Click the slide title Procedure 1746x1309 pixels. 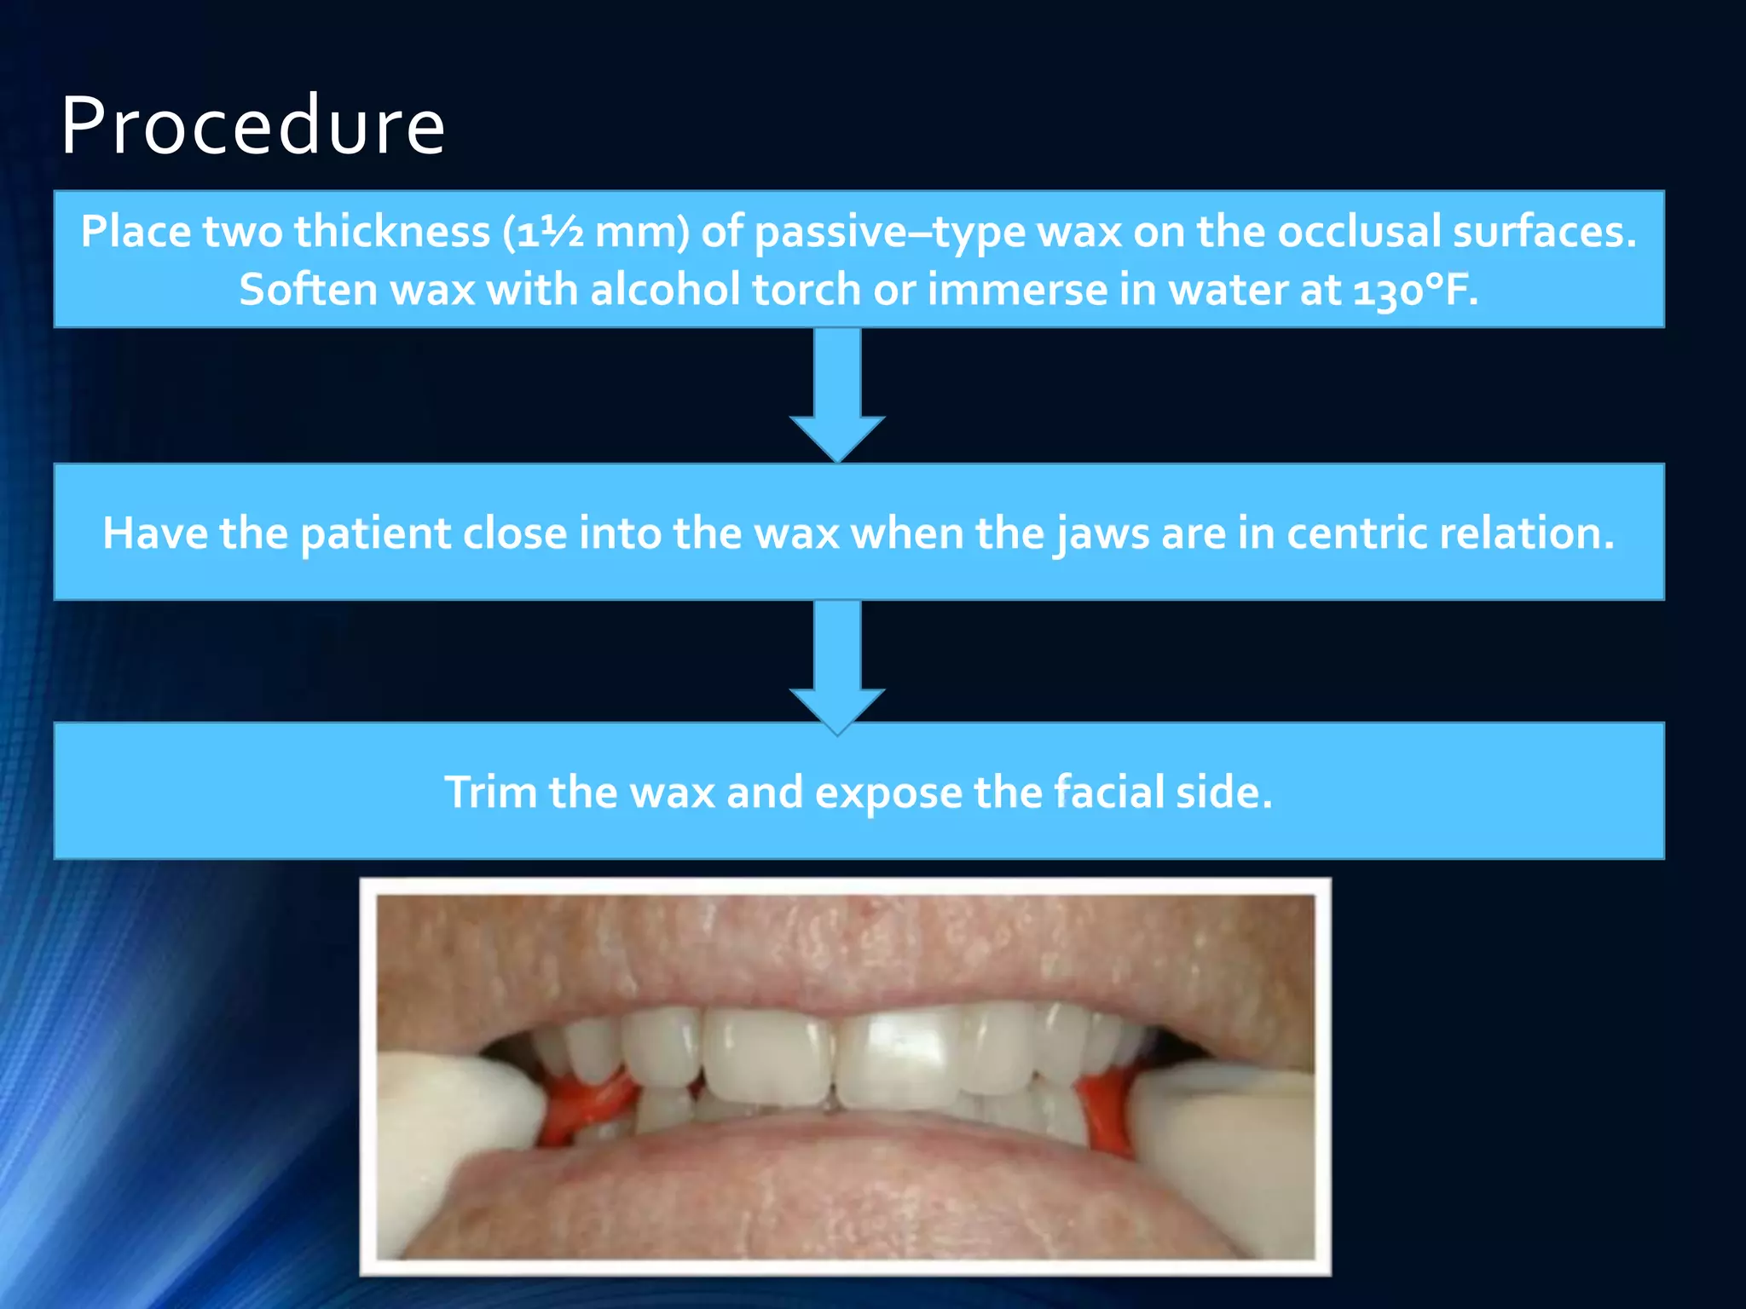tap(253, 126)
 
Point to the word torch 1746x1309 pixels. tap(807, 290)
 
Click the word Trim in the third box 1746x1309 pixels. tap(491, 793)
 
